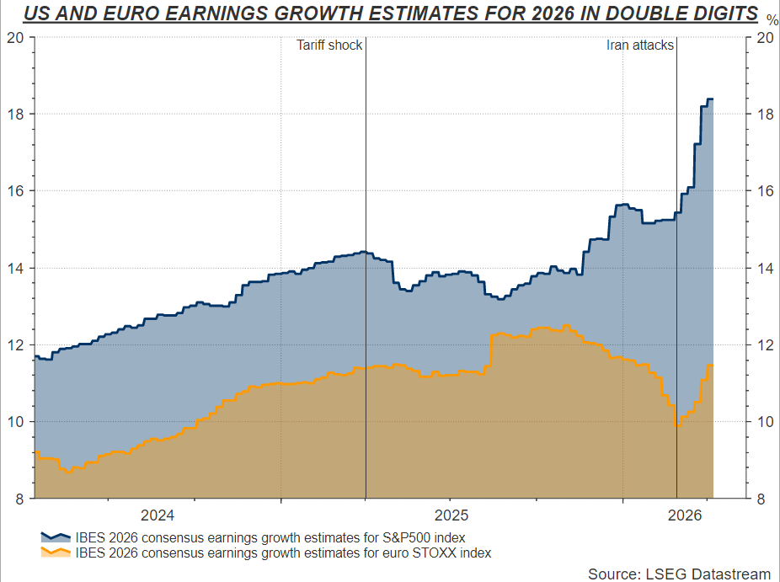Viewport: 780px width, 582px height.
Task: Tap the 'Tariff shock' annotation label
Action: tap(329, 45)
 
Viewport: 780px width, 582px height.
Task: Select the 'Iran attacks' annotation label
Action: tap(640, 45)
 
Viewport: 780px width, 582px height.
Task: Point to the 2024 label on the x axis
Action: tap(158, 515)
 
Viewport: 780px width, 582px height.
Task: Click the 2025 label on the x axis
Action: tap(451, 515)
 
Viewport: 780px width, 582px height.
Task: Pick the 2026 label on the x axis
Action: tap(684, 515)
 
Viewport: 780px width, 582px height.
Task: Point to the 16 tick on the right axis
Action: tap(763, 191)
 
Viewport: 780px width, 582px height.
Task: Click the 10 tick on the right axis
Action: tap(763, 422)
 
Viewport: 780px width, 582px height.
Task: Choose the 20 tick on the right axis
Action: tap(763, 37)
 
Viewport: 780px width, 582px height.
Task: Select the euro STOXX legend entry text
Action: tap(283, 553)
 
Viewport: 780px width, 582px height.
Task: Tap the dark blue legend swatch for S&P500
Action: tap(56, 537)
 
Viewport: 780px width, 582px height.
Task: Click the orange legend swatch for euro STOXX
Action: tap(56, 553)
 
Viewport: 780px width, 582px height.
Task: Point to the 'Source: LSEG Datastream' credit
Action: tap(679, 574)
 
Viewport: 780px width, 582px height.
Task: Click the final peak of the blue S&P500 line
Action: tap(710, 99)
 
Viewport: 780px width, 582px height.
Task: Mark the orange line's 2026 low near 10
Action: tap(678, 427)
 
